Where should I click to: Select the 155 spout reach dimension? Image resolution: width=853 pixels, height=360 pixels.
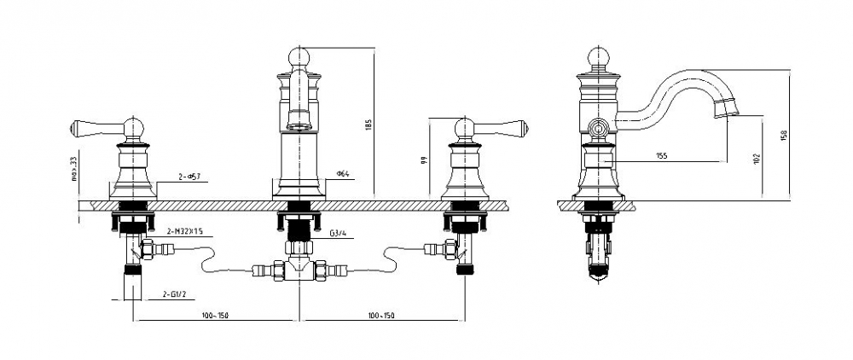click(x=662, y=156)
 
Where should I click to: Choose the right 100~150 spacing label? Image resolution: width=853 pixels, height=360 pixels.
click(x=381, y=316)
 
